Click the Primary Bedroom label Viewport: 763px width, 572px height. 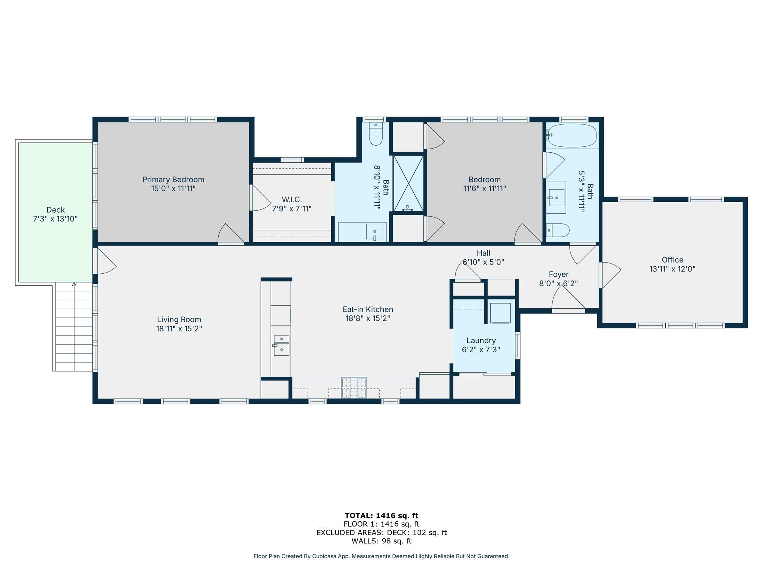[173, 179]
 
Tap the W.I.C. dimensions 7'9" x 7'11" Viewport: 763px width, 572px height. [292, 209]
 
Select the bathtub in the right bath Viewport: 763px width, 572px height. [573, 136]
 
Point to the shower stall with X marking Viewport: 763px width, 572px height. [408, 183]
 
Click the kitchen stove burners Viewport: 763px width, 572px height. [354, 388]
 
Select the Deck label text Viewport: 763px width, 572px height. [56, 210]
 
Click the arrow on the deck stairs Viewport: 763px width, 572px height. [74, 285]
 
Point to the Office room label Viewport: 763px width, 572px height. [672, 260]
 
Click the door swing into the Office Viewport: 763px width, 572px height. [610, 275]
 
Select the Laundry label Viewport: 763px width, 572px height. [481, 340]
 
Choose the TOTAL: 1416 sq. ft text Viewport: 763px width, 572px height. [381, 516]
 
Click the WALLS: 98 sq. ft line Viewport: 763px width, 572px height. [381, 541]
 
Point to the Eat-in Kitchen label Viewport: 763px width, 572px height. [368, 309]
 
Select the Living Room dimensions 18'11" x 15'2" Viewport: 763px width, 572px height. [179, 329]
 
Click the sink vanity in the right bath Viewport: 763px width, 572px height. [556, 197]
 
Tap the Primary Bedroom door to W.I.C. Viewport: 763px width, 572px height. [261, 198]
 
